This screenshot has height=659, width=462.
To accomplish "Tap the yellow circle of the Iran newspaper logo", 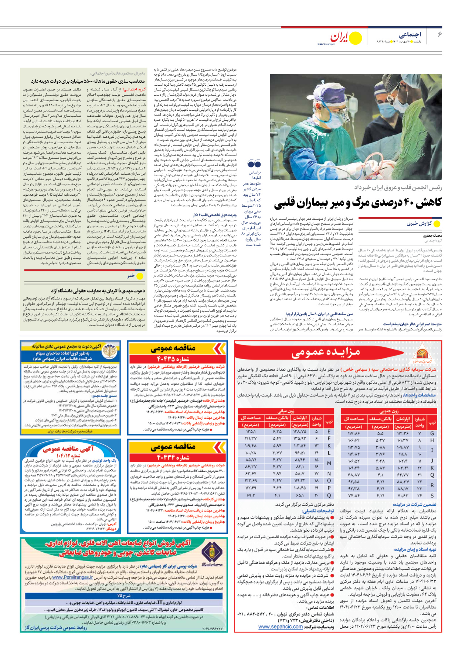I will point(356,38).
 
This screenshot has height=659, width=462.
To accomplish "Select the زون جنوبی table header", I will point(389,411).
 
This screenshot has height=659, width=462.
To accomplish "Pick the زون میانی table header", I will point(286,411).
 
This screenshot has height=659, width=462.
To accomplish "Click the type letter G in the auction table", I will point(432,433).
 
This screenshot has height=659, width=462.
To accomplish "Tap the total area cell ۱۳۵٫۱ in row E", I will point(251,432).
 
